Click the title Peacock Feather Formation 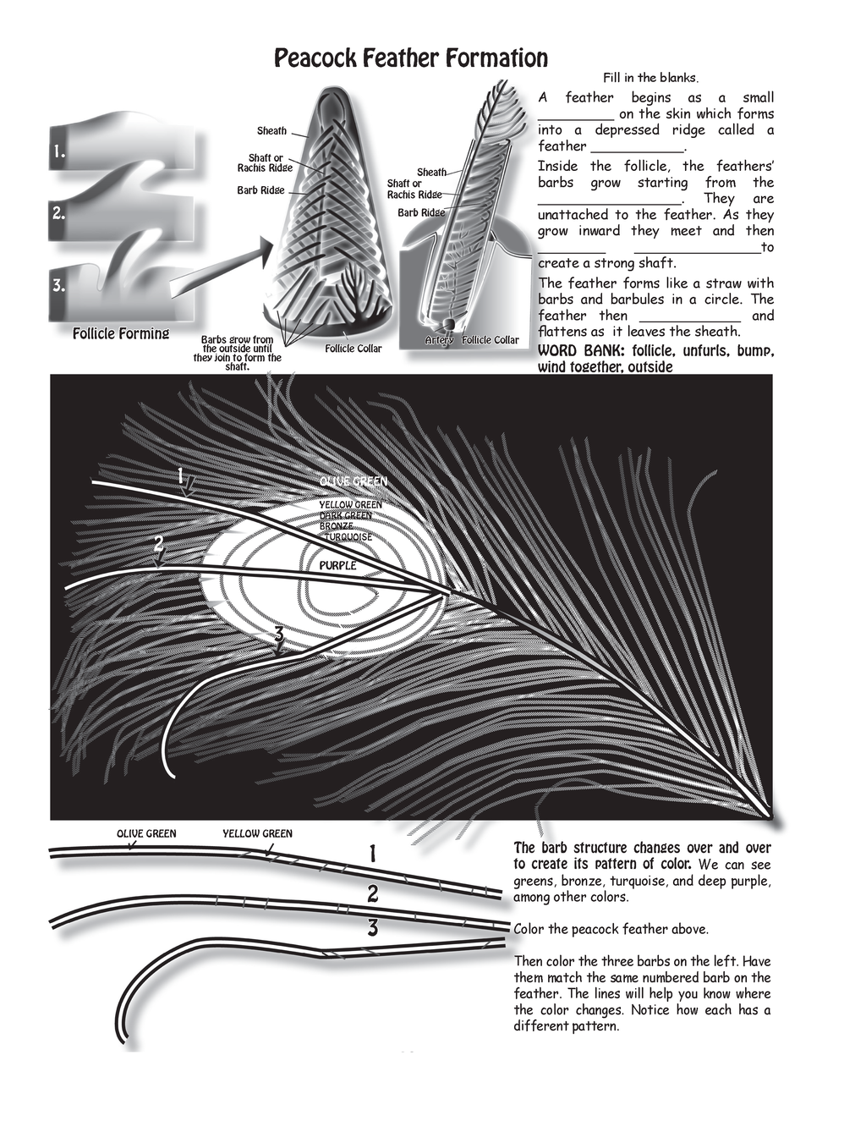[x=411, y=58]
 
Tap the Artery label [x=439, y=340]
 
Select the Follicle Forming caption [x=121, y=333]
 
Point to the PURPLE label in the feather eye [x=337, y=565]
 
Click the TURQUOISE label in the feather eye [x=348, y=536]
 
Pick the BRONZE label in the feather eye [x=337, y=526]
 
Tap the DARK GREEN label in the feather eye [x=345, y=515]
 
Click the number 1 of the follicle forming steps [x=58, y=152]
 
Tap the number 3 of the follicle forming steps [x=58, y=285]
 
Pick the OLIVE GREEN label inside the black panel [x=353, y=481]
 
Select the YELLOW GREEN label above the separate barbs [x=257, y=833]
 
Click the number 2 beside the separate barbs [x=372, y=893]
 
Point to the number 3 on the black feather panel [x=278, y=634]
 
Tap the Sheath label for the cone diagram [x=271, y=131]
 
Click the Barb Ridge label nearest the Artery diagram [x=421, y=212]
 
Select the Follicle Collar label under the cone [x=353, y=349]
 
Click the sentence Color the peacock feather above [x=611, y=929]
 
